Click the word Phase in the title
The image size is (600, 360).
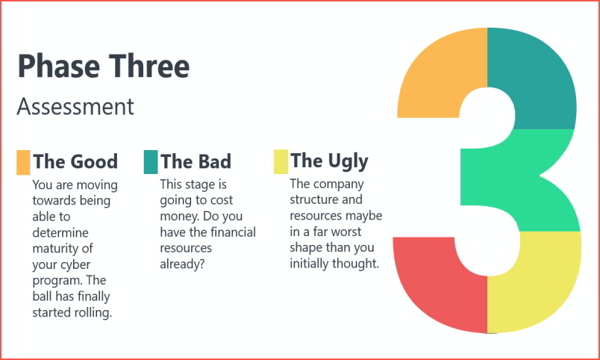(x=58, y=66)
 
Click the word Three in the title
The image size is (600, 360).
(x=149, y=66)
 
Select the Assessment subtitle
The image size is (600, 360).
(x=75, y=107)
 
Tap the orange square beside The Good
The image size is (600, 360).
(x=23, y=162)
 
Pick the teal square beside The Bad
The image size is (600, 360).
(x=151, y=162)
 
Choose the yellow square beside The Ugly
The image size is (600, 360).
(x=281, y=161)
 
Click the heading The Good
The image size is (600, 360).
(x=75, y=161)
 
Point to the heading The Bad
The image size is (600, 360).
(x=196, y=161)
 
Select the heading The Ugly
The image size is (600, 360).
(x=329, y=161)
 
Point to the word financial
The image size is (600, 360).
(x=233, y=232)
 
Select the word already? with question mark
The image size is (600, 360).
(x=182, y=264)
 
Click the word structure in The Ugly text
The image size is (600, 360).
(x=310, y=199)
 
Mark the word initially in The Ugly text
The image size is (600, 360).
(x=309, y=264)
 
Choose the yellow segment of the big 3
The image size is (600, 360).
(x=536, y=283)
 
